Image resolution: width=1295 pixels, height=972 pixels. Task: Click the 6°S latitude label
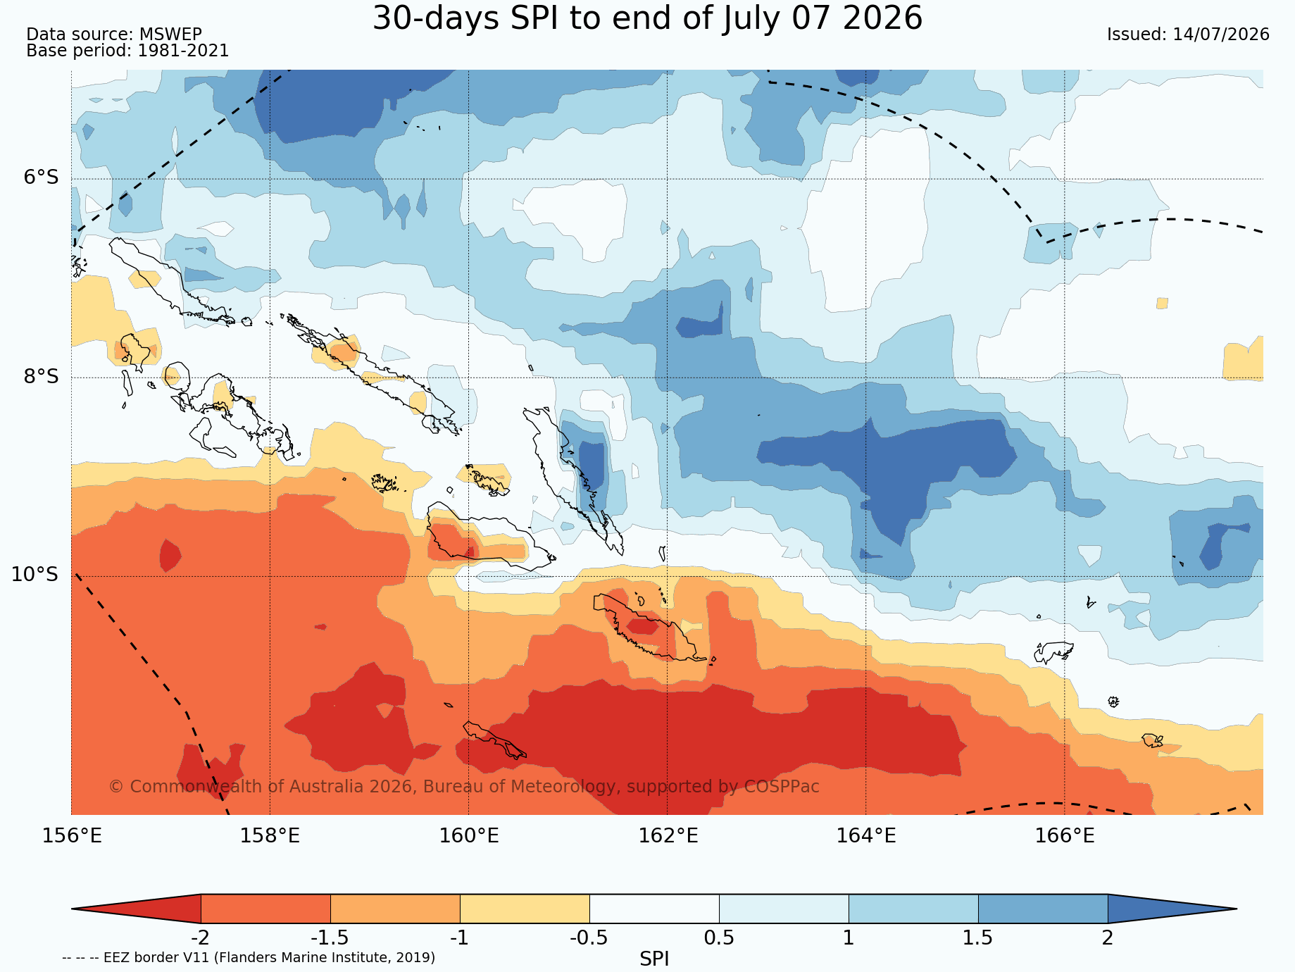click(x=42, y=177)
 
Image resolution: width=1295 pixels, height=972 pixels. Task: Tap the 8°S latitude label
click(x=42, y=377)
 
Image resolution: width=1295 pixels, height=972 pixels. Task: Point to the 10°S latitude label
click(x=35, y=575)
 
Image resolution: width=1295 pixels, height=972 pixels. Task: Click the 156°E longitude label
click(x=72, y=836)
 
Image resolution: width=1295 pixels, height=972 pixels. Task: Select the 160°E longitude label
click(x=469, y=836)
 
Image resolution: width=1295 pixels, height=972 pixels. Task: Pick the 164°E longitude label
click(x=866, y=836)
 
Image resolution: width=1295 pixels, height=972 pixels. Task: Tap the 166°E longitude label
click(x=1065, y=836)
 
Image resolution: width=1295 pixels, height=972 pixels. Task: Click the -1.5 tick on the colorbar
click(x=330, y=938)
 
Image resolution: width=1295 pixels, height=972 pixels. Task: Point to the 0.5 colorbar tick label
click(x=719, y=938)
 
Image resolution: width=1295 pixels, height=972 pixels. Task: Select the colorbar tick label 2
click(x=1108, y=938)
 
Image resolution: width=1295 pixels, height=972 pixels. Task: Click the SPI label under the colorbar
click(x=654, y=959)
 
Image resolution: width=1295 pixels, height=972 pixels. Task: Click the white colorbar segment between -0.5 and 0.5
click(x=654, y=909)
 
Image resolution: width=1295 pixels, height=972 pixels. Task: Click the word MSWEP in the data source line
click(x=170, y=35)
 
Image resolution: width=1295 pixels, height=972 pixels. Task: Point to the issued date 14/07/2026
click(x=1221, y=35)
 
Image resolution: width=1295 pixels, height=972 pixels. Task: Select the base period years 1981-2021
click(x=183, y=51)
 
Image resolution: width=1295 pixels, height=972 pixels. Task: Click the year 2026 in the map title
click(x=882, y=18)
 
